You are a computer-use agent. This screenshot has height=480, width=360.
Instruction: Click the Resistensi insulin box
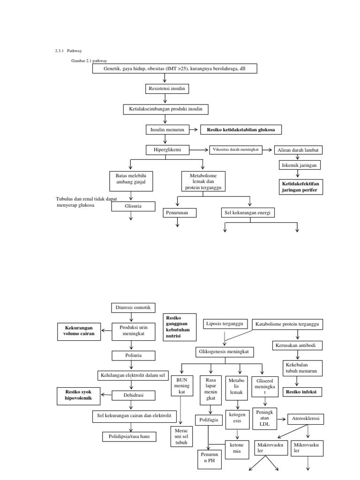point(165,89)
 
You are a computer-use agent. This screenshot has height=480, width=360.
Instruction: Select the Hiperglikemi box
point(165,150)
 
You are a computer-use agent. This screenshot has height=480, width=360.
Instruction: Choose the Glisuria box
point(133,206)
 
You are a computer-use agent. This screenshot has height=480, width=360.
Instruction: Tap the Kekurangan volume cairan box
point(79,330)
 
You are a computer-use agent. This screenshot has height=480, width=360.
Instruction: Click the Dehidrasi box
point(133,395)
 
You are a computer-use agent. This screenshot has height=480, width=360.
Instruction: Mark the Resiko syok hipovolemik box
point(79,396)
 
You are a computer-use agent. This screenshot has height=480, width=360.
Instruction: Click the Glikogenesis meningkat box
point(225,351)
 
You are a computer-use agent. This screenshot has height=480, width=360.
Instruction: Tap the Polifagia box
point(208,420)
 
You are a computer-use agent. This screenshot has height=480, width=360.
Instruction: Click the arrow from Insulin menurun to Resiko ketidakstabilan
point(192,129)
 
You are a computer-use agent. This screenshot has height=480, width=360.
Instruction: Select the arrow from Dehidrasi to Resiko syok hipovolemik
point(106,396)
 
